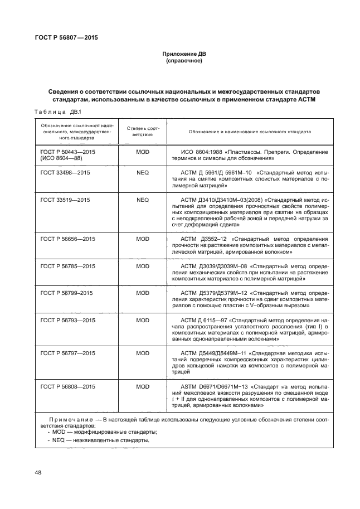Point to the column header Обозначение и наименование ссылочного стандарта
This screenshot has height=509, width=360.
point(249,132)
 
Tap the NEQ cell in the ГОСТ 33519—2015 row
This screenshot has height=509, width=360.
point(143,199)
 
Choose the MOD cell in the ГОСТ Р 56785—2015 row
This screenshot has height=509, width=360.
point(143,266)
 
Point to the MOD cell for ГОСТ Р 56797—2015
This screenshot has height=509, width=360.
point(143,353)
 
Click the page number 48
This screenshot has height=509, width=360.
point(38,473)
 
